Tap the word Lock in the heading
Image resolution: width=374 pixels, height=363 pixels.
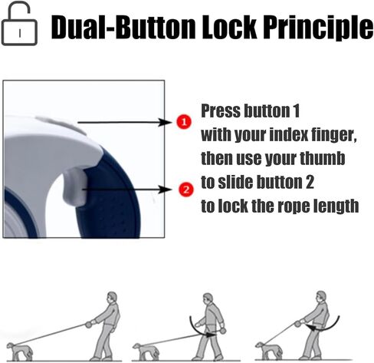(230, 26)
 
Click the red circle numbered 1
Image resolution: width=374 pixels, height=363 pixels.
(184, 122)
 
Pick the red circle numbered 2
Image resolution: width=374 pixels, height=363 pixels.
(186, 190)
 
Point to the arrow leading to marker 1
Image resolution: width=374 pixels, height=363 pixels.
(125, 122)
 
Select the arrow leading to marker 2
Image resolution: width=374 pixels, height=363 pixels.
(127, 190)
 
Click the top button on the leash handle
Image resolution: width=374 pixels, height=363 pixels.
(61, 124)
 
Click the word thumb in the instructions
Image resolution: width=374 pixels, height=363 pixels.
(322, 158)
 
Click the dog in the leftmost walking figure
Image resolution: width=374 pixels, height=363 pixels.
(20, 351)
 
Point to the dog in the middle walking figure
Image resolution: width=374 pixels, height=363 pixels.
(146, 351)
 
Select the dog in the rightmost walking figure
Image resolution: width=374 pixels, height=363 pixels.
(269, 350)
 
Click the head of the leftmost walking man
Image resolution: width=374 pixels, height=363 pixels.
(112, 298)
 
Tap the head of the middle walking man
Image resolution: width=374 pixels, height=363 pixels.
(208, 299)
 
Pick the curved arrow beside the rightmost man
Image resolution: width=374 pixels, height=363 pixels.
(326, 328)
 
